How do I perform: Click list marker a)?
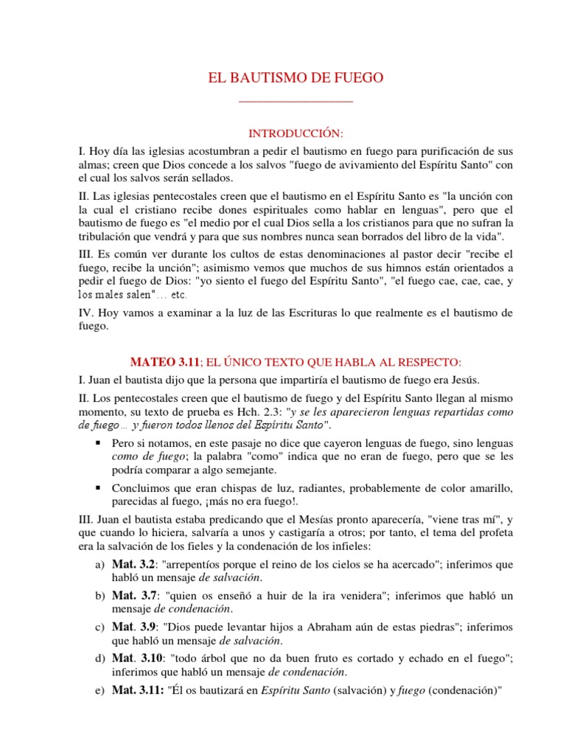[x=100, y=566]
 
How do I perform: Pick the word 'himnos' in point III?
[x=382, y=267]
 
